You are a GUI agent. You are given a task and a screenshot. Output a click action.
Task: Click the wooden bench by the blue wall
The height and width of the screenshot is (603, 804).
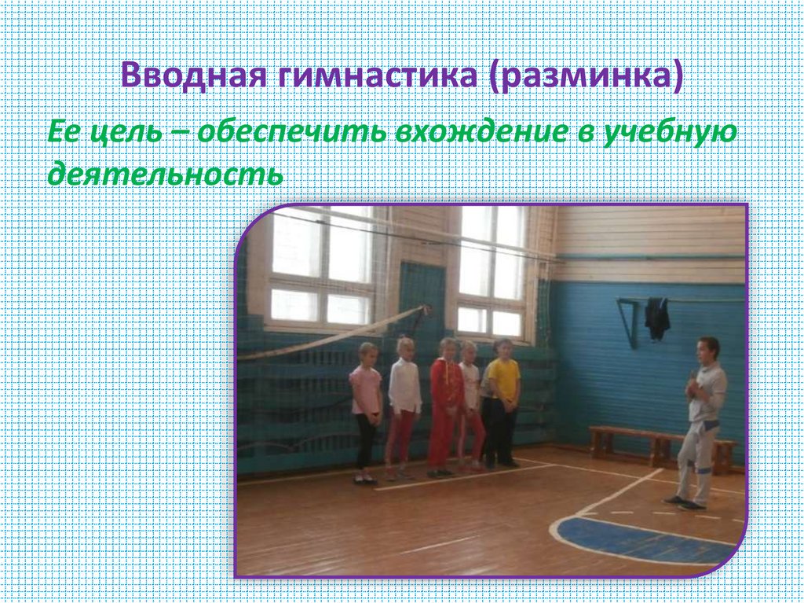(x=660, y=445)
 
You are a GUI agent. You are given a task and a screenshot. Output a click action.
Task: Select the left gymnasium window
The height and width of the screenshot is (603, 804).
(x=321, y=267)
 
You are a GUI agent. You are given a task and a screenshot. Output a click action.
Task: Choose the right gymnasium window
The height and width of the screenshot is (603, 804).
(x=492, y=271)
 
